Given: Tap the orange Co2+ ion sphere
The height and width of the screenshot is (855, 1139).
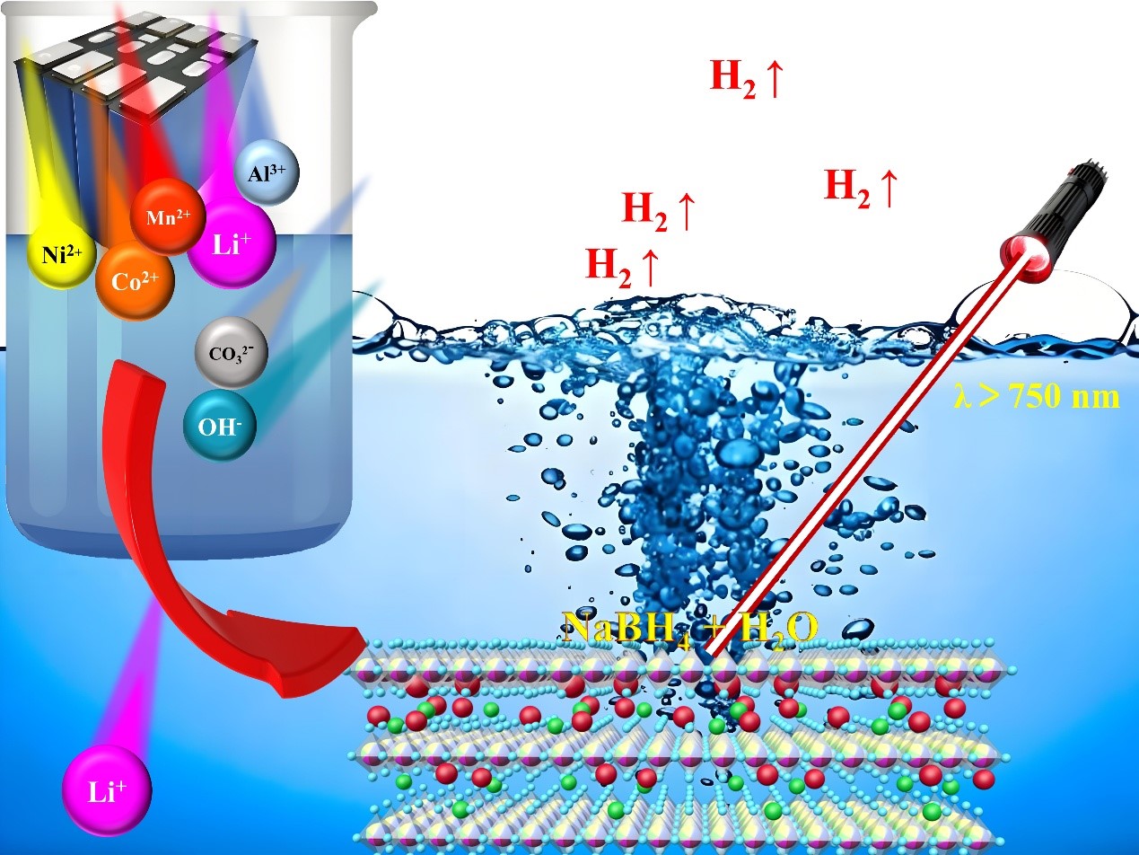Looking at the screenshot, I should (135, 280).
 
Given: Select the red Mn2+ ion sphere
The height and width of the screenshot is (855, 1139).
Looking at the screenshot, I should (168, 216).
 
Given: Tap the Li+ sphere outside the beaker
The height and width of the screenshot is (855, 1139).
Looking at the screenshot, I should (107, 791).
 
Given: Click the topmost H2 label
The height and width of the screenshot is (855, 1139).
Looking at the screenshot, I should (747, 78).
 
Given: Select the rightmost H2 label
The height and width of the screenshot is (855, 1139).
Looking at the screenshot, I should (860, 188).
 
